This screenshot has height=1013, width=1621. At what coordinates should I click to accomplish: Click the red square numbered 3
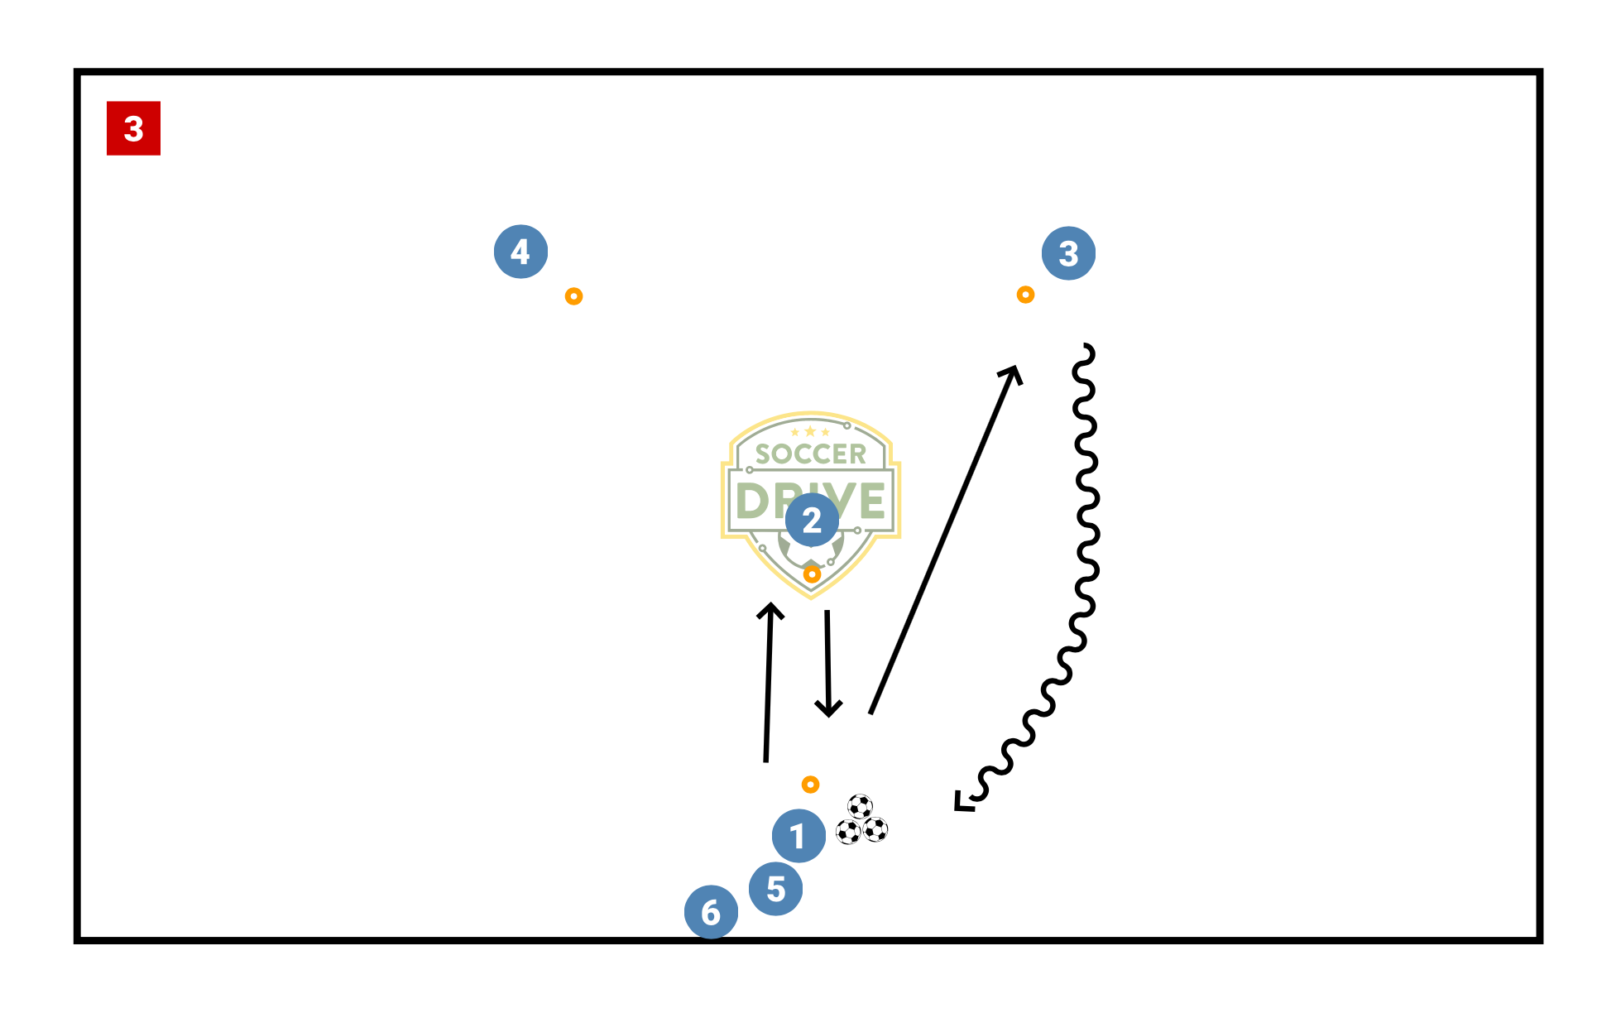point(133,128)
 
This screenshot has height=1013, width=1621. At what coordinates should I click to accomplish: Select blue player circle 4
point(520,252)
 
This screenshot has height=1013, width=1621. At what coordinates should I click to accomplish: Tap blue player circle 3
point(1068,253)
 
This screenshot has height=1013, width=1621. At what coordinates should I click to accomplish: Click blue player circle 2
point(812,521)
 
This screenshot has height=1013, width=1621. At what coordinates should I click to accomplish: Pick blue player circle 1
point(799,836)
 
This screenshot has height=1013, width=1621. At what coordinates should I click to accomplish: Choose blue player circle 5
point(775,889)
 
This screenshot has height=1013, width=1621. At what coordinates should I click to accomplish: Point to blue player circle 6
point(711,912)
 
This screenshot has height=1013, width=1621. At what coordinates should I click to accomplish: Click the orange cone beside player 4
point(573,296)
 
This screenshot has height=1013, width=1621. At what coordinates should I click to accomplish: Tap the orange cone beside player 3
point(1025,295)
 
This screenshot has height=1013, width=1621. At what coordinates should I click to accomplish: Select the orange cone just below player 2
point(812,574)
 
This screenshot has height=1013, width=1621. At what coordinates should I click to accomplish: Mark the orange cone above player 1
point(810,785)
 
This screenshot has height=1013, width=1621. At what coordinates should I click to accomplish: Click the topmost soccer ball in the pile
point(860,806)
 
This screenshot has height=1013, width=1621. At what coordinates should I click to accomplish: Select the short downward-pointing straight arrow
point(827,664)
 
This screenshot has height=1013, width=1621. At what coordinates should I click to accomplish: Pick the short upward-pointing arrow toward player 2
point(769,682)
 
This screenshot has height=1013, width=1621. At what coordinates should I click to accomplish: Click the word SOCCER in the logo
point(810,454)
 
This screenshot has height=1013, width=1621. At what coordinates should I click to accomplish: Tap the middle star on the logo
point(810,431)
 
